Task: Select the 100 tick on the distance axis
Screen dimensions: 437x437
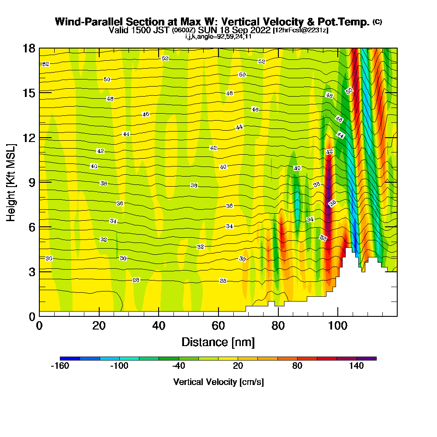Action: pos(337,326)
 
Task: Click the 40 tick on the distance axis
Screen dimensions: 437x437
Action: pos(159,326)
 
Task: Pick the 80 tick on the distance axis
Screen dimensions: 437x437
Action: pos(278,326)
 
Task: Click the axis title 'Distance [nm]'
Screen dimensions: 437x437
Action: pos(218,341)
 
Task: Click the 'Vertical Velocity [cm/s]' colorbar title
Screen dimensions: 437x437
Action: pos(218,382)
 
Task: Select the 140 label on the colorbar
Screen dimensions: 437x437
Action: pos(357,366)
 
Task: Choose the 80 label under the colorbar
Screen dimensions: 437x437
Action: pos(297,366)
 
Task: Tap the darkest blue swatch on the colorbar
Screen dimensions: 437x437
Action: pos(70,358)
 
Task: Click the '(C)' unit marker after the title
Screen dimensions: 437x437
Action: pos(377,21)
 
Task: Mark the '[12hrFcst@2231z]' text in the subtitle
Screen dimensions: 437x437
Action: pos(300,30)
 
